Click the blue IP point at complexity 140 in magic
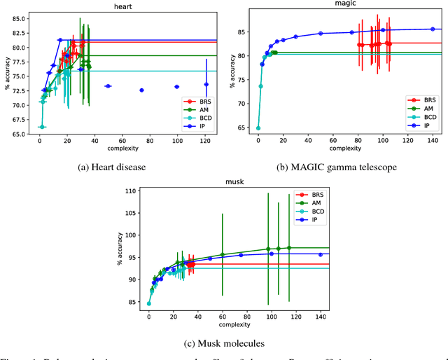[x=433, y=29]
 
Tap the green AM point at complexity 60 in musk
[x=223, y=255]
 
